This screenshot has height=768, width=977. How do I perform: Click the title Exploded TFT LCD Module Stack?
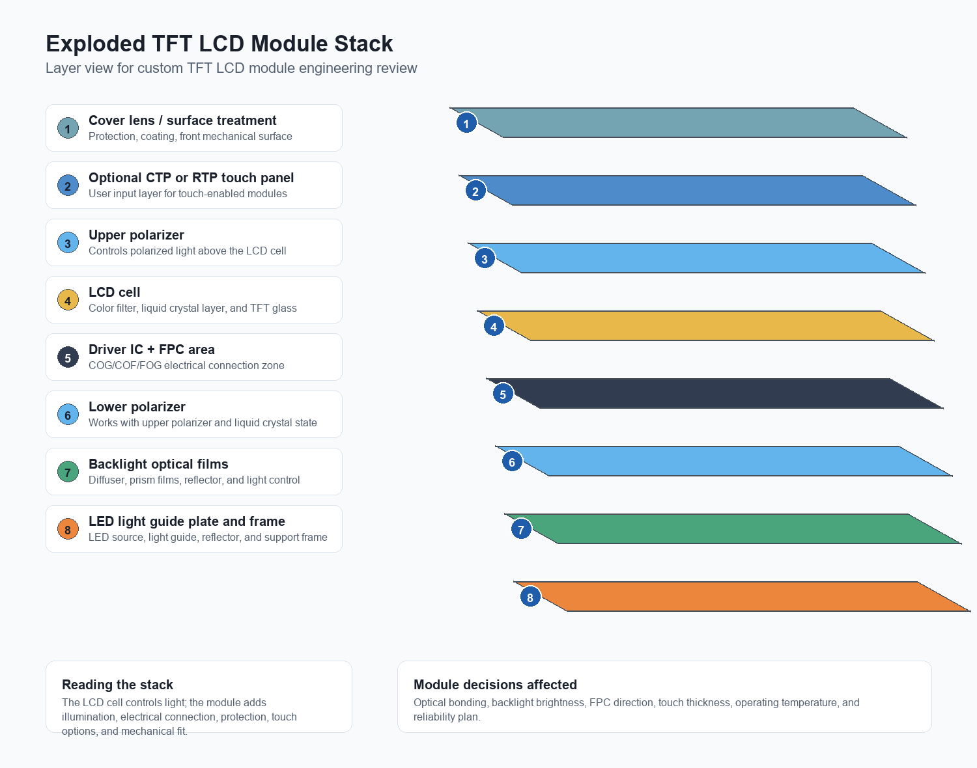pyautogui.click(x=219, y=44)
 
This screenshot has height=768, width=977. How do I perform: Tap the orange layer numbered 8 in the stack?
pyautogui.click(x=742, y=597)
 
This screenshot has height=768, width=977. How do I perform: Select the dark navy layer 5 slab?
pyautogui.click(x=715, y=393)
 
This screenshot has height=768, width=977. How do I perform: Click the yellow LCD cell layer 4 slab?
pyautogui.click(x=705, y=325)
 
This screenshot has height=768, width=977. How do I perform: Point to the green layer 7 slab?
pyautogui.click(x=733, y=529)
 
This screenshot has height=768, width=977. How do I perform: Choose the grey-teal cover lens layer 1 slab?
pyautogui.click(x=678, y=122)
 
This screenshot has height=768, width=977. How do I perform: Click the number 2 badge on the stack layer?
pyautogui.click(x=475, y=191)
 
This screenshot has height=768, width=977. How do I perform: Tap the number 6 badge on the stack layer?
pyautogui.click(x=512, y=462)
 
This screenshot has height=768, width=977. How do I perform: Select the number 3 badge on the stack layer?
pyautogui.click(x=485, y=258)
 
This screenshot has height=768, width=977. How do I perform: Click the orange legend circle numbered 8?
pyautogui.click(x=68, y=529)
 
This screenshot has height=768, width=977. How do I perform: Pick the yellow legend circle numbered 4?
pyautogui.click(x=68, y=300)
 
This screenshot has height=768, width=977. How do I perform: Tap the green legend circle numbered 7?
pyautogui.click(x=68, y=472)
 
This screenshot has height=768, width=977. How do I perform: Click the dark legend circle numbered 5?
pyautogui.click(x=68, y=357)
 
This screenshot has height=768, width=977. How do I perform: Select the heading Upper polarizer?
pyautogui.click(x=136, y=235)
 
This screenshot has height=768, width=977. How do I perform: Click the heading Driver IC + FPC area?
pyautogui.click(x=152, y=350)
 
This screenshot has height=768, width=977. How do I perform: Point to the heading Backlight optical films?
pyautogui.click(x=158, y=464)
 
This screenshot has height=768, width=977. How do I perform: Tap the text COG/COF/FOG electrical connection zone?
pyautogui.click(x=186, y=365)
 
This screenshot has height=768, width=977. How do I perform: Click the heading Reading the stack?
pyautogui.click(x=118, y=684)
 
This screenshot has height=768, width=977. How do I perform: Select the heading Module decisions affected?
pyautogui.click(x=495, y=684)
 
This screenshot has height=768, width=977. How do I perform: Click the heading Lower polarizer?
pyautogui.click(x=137, y=407)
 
